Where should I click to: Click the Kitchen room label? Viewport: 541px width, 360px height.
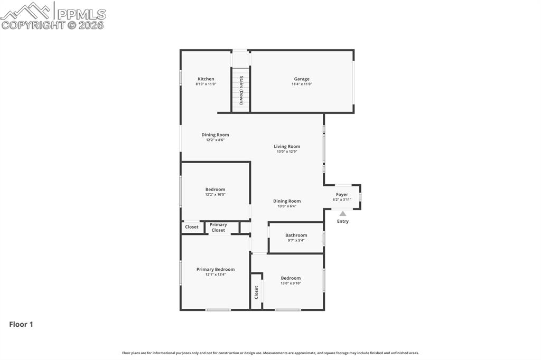coord(206,79)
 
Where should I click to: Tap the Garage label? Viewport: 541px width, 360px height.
coord(302,79)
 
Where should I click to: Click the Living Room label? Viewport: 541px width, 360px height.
coord(287,146)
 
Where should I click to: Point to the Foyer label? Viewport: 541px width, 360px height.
coord(342,194)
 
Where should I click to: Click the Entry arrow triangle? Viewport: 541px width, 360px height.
coord(343,214)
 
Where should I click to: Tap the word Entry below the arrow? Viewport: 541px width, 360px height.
coord(343,221)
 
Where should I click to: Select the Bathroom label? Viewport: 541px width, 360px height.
coord(296,235)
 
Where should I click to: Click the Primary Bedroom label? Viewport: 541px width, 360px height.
coord(216,269)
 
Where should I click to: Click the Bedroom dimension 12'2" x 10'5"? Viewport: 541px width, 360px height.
coord(215,195)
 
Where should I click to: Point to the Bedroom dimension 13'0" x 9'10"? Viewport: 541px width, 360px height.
coord(291,283)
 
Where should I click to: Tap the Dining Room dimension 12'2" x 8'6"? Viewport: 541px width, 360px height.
coord(215,140)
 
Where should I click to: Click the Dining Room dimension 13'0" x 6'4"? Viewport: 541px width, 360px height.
coord(287,206)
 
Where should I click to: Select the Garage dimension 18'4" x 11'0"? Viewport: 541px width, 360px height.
coord(302,84)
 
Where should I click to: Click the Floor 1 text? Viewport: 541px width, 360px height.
coord(21,325)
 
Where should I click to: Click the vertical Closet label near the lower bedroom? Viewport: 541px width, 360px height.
coord(256,292)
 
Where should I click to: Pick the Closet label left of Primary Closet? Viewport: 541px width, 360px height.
coord(192,227)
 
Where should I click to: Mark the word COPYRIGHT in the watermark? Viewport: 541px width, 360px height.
coord(33,25)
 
